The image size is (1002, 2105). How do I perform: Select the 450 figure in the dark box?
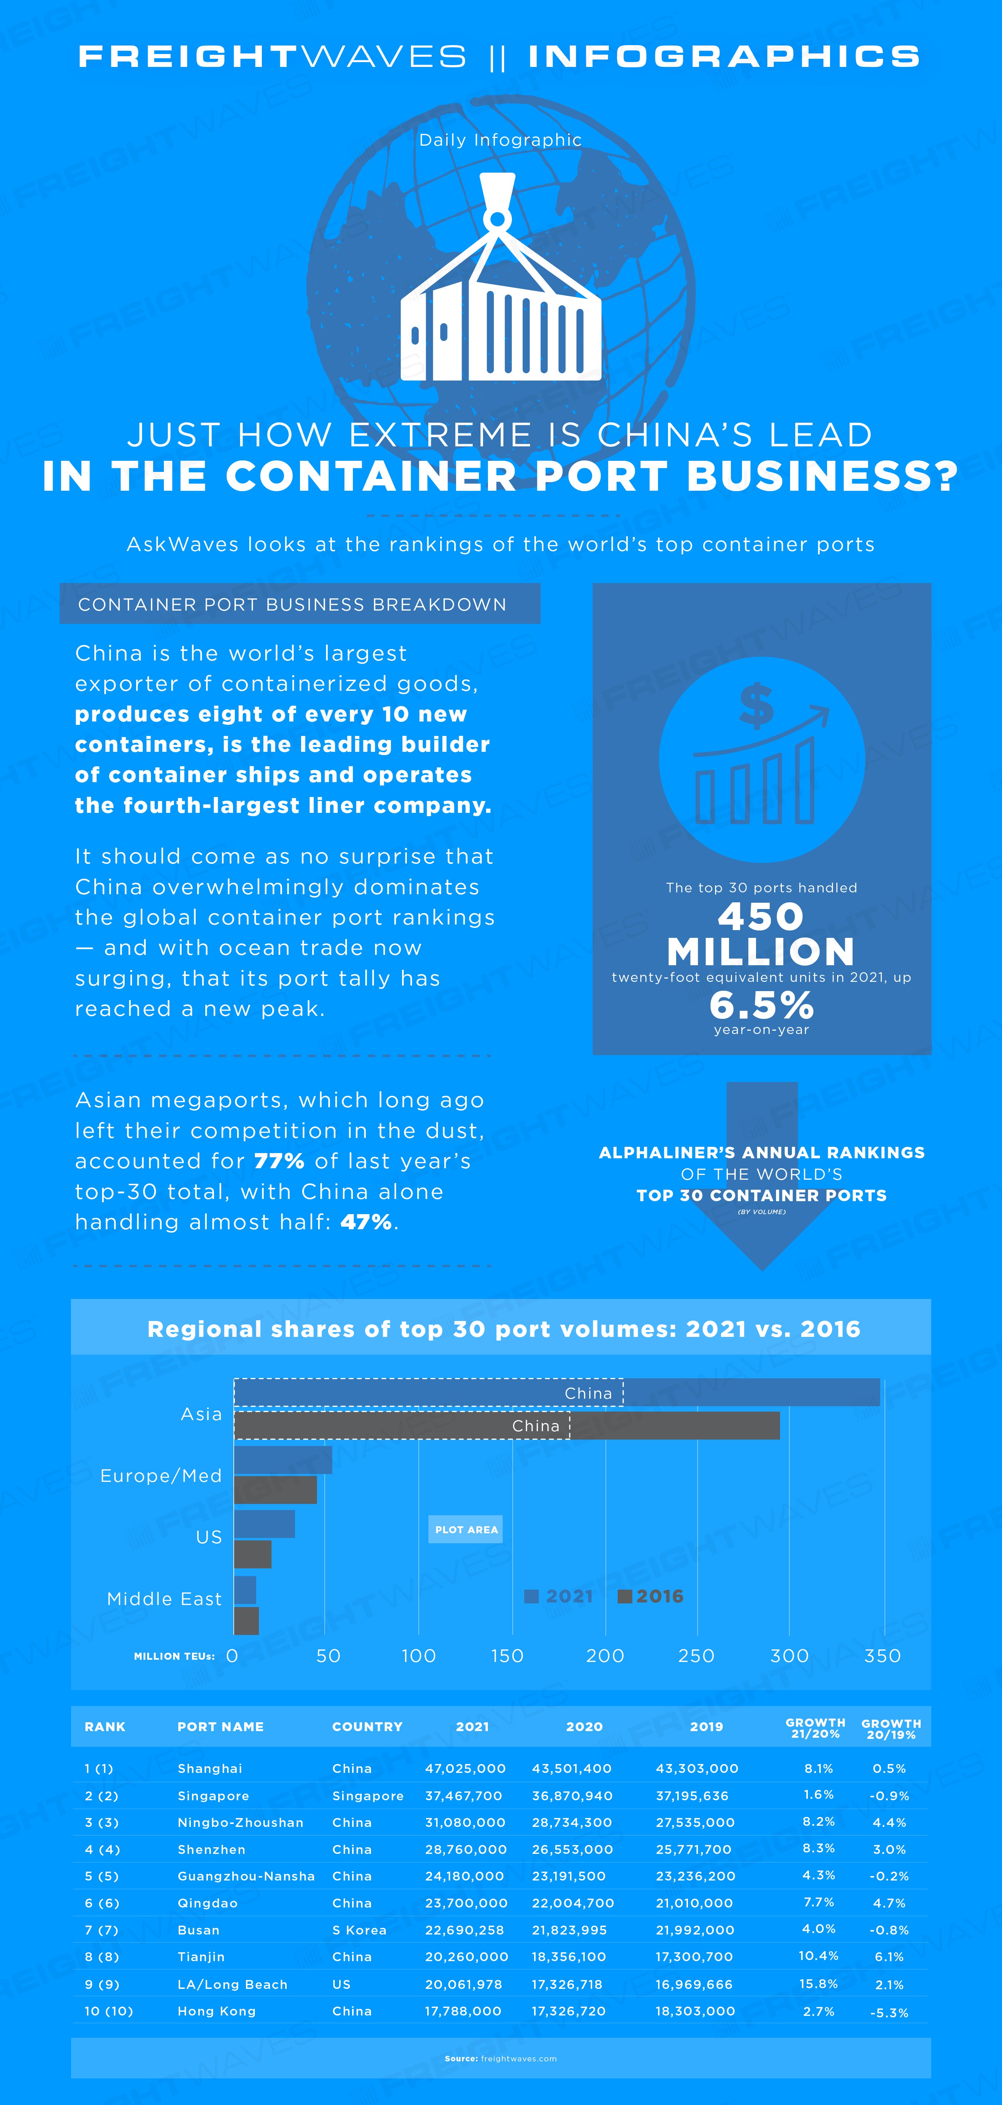pos(761,916)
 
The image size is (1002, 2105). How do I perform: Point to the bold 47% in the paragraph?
pos(366,1222)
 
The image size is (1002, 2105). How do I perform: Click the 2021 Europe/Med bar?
pos(283,1459)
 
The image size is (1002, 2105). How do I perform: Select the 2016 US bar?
pos(253,1554)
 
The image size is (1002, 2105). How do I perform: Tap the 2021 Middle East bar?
pos(245,1590)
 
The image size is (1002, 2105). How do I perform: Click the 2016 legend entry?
pos(651,1596)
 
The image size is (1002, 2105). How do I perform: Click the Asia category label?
pos(201,1414)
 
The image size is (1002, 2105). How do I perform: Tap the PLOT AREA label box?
pos(466,1529)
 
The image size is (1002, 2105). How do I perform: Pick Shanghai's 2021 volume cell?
pos(465,1768)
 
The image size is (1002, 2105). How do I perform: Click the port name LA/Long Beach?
pos(232,1984)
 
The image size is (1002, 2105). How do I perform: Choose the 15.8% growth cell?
pos(818,1983)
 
